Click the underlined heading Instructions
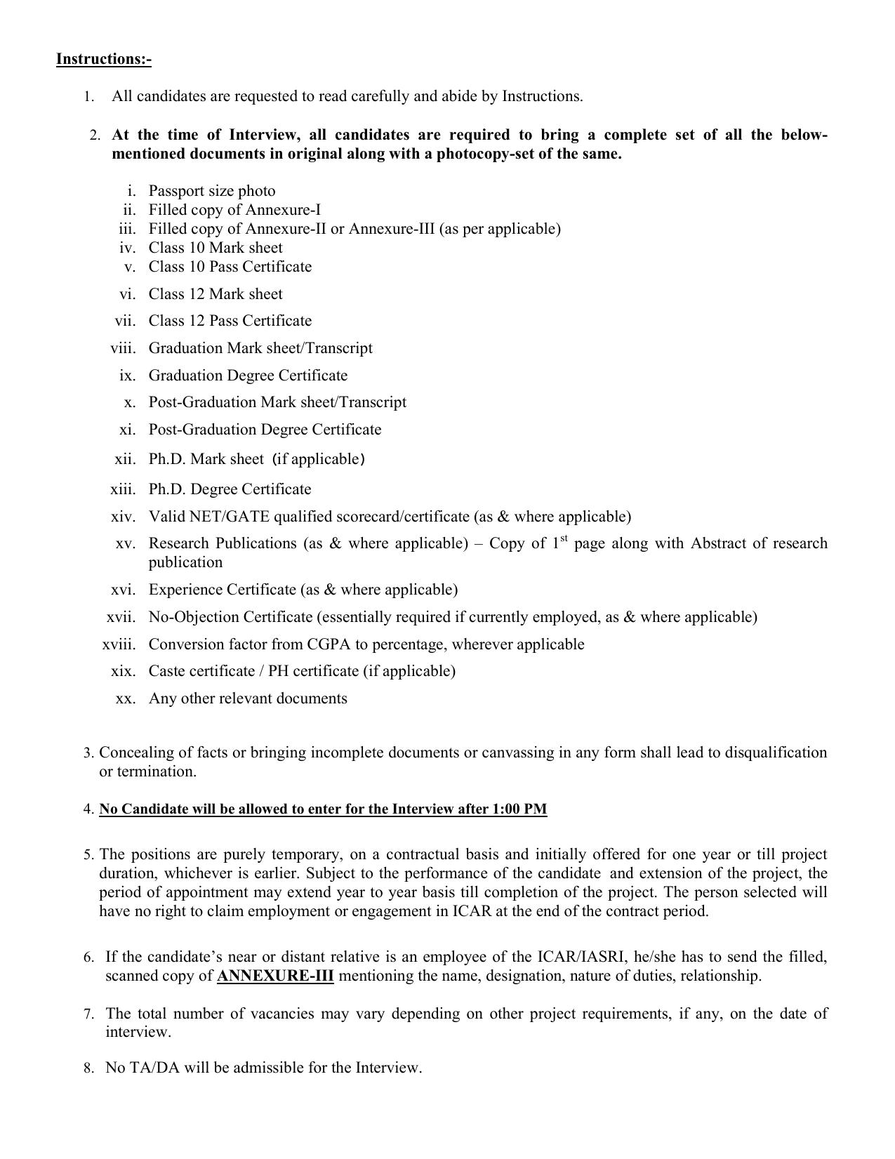coord(103,58)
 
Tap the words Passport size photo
coord(211,191)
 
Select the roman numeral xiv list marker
coord(123,517)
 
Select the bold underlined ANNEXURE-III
coord(275,976)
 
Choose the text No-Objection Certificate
coord(230,617)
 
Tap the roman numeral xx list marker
coord(125,698)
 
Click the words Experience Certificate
coord(222,590)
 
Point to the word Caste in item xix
coord(167,671)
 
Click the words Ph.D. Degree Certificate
coord(230,489)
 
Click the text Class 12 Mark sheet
coord(216,294)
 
